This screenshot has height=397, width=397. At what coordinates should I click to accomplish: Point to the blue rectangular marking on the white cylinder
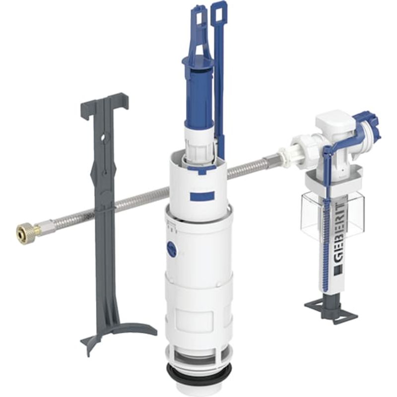pos(202,195)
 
